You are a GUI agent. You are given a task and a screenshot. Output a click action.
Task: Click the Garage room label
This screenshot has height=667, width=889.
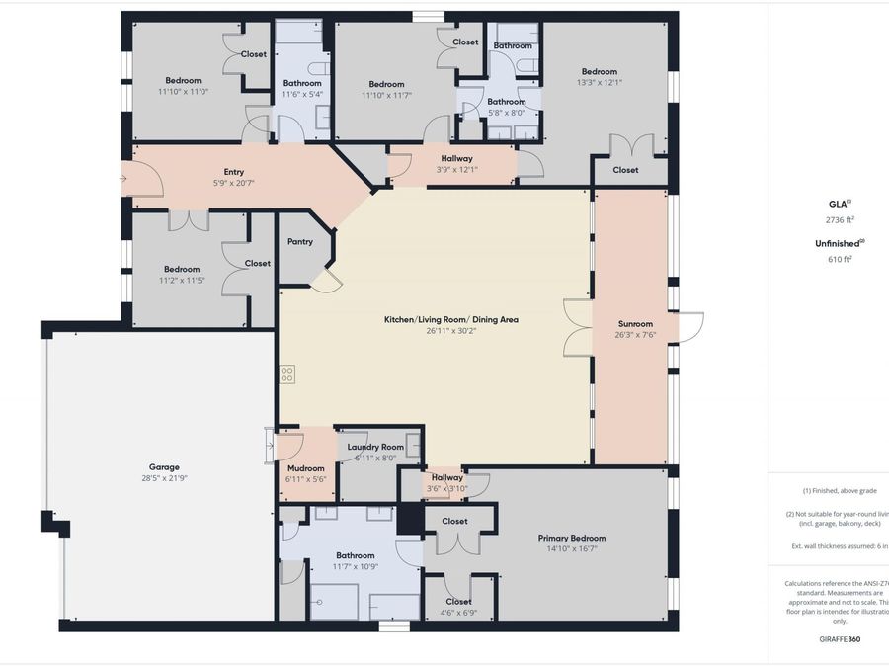[164, 467]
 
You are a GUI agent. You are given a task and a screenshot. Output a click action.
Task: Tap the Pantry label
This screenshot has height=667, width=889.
[300, 242]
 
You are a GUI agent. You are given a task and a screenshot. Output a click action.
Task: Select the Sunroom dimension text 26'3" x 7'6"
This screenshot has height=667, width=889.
[635, 335]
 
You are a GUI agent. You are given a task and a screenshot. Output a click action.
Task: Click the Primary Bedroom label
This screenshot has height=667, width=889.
[572, 539]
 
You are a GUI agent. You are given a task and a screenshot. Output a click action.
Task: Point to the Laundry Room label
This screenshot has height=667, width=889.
[375, 447]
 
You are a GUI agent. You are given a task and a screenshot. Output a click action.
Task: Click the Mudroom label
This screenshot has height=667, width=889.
[306, 468]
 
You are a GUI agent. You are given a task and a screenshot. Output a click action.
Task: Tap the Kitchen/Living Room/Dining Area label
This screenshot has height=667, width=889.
[450, 319]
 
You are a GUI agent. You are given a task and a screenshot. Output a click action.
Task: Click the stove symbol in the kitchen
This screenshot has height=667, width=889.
[287, 374]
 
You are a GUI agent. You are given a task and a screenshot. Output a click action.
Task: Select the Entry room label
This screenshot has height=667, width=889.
[234, 172]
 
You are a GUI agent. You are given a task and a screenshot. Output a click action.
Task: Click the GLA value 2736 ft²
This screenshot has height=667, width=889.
[840, 219]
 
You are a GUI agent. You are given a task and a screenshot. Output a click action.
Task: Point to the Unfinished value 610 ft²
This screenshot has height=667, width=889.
[840, 259]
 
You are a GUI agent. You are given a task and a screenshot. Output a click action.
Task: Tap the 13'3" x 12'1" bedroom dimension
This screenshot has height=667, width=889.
[599, 83]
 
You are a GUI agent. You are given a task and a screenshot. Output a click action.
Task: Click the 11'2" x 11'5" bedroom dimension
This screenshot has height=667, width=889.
[182, 281]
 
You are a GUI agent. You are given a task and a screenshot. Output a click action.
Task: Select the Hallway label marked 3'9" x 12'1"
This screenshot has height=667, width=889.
[456, 158]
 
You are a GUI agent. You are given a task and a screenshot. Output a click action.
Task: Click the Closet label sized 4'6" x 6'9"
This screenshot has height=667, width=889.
[458, 601]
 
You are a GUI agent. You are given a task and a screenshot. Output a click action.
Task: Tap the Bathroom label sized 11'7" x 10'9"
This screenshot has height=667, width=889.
[356, 555]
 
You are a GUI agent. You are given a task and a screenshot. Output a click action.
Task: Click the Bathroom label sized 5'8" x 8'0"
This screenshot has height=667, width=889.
[507, 102]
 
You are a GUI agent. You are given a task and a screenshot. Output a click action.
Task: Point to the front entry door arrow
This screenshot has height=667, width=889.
[122, 179]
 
